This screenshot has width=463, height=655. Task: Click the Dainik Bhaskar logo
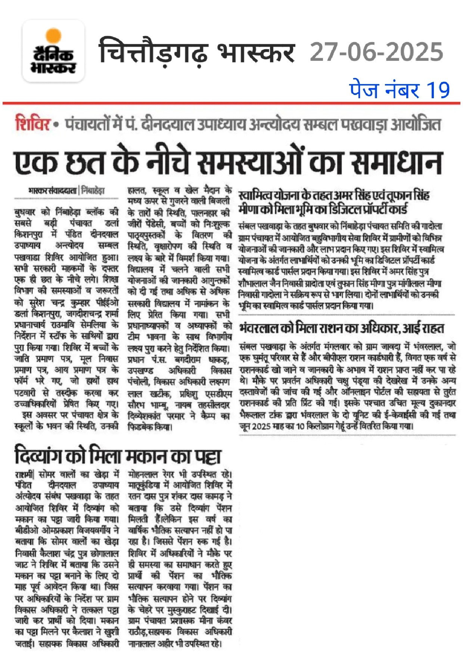53,51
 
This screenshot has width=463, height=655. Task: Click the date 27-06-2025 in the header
376,52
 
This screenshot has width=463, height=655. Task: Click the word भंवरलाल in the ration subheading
258,329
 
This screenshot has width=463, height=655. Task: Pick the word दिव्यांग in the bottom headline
39,456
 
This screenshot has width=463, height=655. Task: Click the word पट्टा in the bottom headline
208,456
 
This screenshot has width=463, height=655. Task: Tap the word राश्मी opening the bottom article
24,475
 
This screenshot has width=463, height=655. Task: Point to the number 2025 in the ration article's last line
261,426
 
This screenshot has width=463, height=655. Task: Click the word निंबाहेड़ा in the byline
93,190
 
